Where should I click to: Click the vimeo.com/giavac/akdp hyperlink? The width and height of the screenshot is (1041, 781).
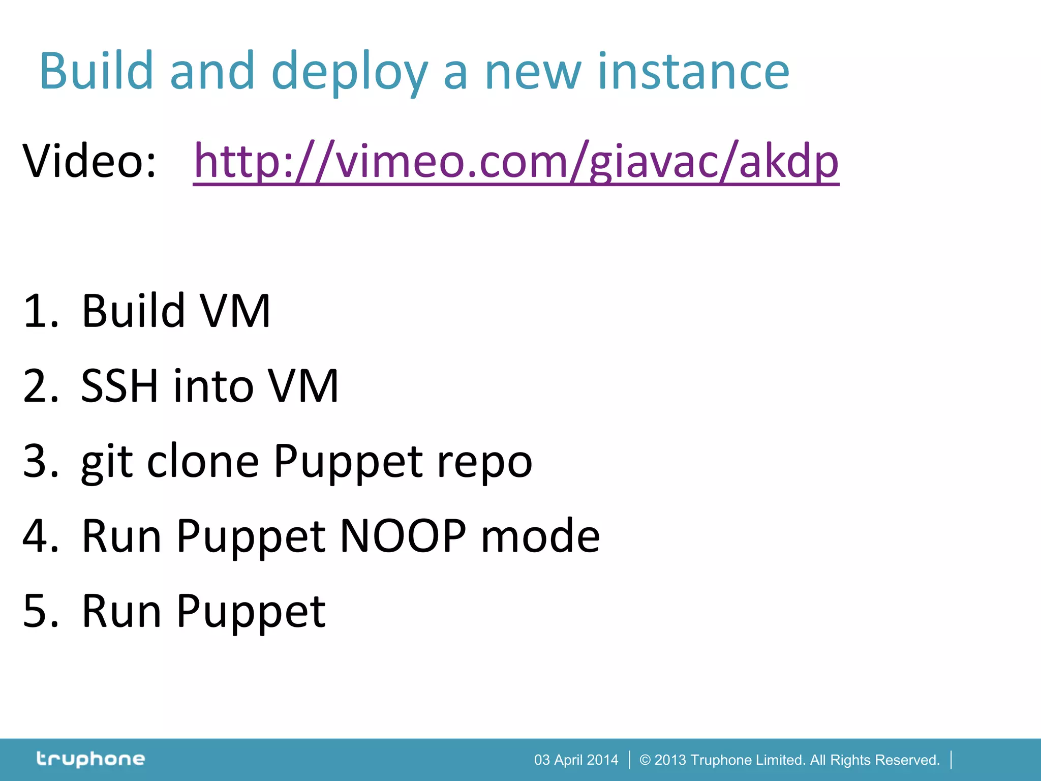point(515,162)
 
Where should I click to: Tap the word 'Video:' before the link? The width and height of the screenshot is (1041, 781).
point(89,162)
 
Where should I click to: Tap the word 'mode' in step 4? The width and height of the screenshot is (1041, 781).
point(540,536)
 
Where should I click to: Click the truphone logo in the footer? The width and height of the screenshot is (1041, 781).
point(90,759)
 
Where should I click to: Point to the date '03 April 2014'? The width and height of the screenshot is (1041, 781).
point(576,760)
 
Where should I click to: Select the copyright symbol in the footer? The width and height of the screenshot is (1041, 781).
point(645,760)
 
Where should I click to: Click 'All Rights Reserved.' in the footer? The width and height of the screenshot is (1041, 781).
point(874,760)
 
